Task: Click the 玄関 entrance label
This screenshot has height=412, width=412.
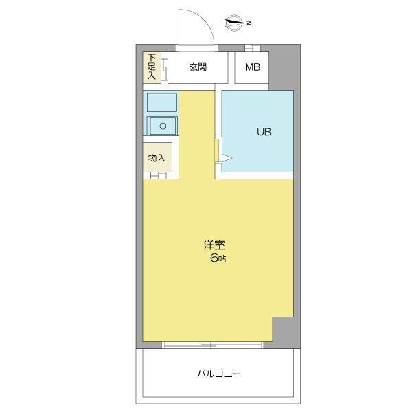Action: point(198,67)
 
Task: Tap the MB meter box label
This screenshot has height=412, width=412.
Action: point(253,67)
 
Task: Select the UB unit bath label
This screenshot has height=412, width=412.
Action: point(264,132)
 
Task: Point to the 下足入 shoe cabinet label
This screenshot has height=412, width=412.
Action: point(151,67)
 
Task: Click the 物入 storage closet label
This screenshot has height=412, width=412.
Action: point(157,158)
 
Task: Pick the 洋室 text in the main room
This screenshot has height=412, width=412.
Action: point(214,245)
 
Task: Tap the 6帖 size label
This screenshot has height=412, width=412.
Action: point(218,258)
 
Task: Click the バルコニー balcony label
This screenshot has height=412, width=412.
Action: point(219,374)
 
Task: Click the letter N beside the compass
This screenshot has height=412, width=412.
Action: point(249,23)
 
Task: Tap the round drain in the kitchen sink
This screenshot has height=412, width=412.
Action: point(163,126)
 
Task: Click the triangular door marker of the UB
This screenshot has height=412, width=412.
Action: point(226,158)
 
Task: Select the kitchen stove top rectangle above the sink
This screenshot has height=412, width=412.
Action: point(162,102)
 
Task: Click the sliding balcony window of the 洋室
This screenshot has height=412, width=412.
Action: point(212,345)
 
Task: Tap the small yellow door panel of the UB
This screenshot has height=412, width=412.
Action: point(216,150)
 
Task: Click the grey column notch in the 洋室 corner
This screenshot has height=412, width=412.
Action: point(283,329)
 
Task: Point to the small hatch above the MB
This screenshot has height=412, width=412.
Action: point(253,47)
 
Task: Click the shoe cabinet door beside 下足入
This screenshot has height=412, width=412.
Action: point(164,68)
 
